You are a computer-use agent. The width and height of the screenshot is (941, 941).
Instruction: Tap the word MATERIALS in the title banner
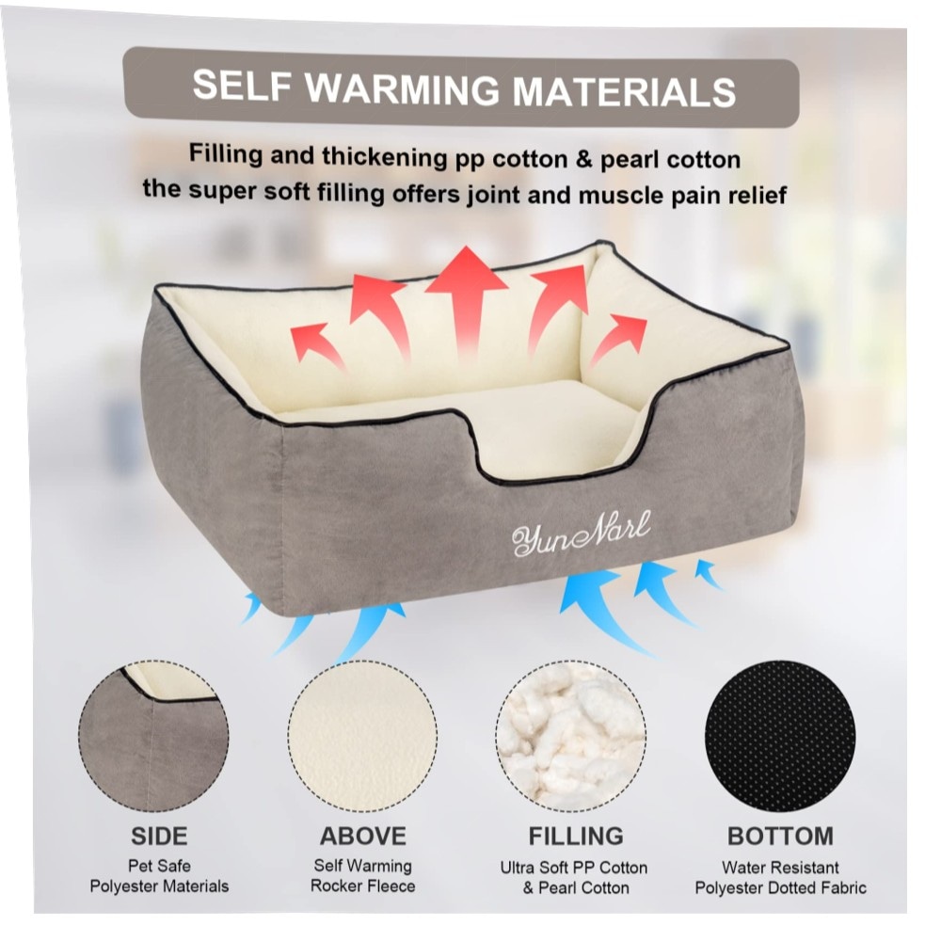point(624,92)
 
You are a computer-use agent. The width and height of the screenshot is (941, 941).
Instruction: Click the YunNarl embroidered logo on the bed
point(581,533)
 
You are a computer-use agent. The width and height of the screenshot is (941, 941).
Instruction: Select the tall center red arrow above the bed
point(467,300)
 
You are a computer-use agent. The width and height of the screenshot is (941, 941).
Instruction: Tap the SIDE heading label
point(159,836)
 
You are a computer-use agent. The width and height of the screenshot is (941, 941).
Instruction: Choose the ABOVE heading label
point(363,836)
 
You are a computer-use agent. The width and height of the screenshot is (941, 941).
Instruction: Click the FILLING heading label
point(576,836)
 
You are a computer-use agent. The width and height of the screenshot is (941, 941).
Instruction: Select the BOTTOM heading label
point(780,836)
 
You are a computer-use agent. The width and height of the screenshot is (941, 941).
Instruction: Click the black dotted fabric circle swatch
point(780,737)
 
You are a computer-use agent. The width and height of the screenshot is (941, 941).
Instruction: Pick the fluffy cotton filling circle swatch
point(571,737)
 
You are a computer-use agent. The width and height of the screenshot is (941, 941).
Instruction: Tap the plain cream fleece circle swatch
point(362,737)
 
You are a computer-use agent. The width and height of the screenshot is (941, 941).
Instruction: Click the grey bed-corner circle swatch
point(153,737)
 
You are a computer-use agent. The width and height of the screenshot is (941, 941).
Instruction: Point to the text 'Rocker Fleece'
point(362,885)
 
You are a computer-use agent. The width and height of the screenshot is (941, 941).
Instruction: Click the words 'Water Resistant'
point(780,868)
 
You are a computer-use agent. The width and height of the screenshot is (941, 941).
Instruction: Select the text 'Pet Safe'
point(159,866)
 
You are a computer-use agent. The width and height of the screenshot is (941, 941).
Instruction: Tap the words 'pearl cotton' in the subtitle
point(670,160)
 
